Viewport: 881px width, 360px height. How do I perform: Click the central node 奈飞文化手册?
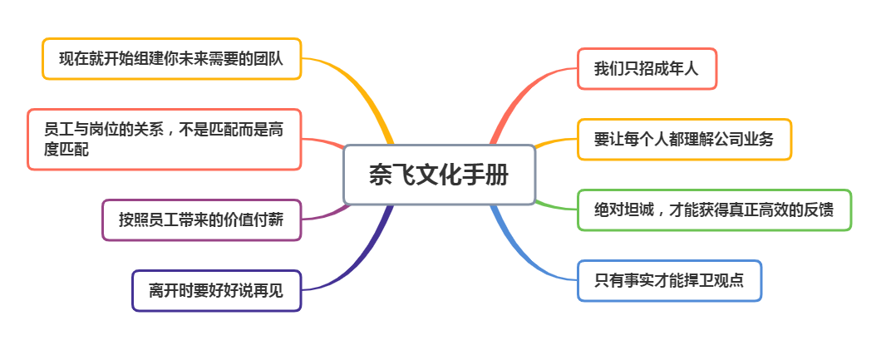click(439, 175)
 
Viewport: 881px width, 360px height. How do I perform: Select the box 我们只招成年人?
click(647, 68)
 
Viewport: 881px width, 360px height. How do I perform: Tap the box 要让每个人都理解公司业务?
click(684, 140)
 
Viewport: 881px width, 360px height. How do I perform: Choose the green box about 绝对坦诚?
click(714, 210)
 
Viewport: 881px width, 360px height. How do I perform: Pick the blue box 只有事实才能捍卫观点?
click(669, 281)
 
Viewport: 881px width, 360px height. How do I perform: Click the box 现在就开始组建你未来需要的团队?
click(172, 59)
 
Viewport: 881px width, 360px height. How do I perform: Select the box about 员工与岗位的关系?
click(165, 140)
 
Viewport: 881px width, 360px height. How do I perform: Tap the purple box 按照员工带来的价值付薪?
click(202, 220)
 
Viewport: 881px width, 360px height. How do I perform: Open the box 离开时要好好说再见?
click(217, 291)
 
